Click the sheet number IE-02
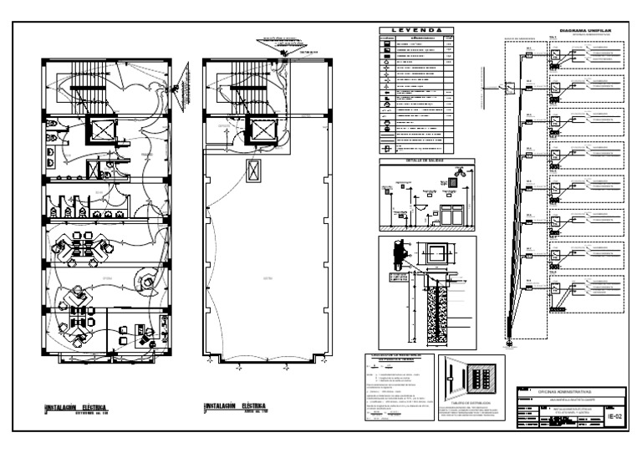tap(614, 414)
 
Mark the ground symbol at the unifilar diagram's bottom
tap(508, 342)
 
